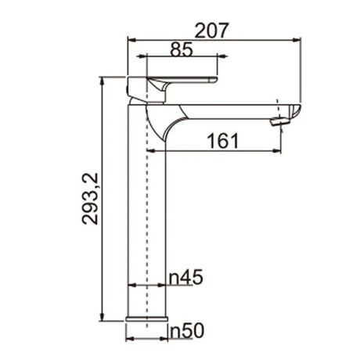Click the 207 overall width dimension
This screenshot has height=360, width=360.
pos(211,31)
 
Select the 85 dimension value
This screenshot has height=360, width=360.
pos(181,50)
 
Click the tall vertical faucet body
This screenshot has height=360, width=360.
pos(148,219)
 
